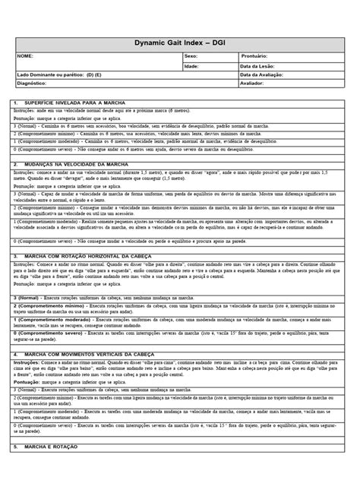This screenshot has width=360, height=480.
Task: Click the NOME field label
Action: click(x=26, y=56)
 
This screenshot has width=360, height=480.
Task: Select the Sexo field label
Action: click(x=191, y=56)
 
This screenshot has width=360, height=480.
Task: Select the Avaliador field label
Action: click(x=252, y=84)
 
